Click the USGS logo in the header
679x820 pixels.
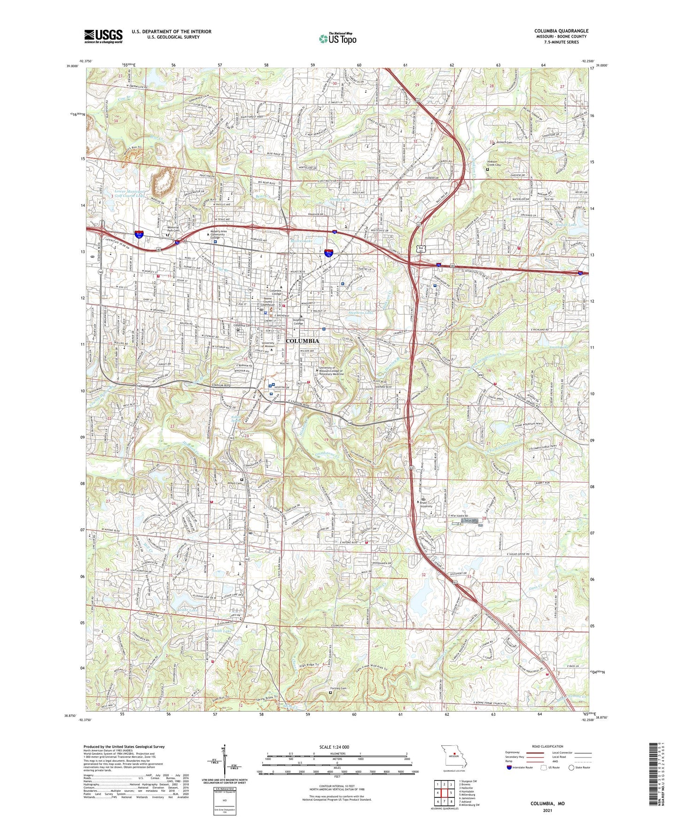(x=103, y=36)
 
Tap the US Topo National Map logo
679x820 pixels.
(x=337, y=38)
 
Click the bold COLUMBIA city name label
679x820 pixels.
(x=302, y=341)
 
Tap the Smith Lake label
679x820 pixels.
(x=221, y=631)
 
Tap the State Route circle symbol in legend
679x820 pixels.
(x=571, y=767)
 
